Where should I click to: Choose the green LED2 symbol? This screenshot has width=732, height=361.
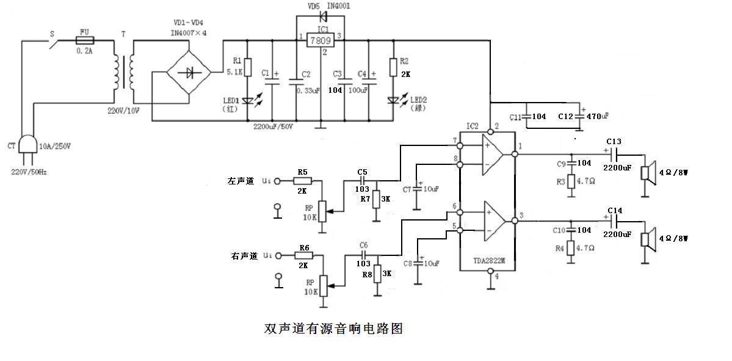coord(394,101)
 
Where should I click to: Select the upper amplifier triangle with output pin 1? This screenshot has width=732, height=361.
coord(493,154)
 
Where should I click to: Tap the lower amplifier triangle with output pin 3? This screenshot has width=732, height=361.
coord(493,220)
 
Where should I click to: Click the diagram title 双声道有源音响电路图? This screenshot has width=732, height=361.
coord(333,329)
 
